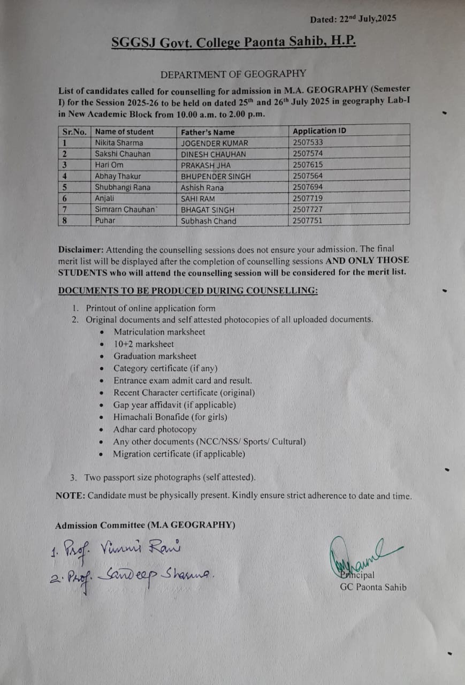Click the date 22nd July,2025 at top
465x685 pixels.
pyautogui.click(x=368, y=19)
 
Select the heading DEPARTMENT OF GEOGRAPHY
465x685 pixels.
pyautogui.click(x=233, y=74)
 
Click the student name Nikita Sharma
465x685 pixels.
pyautogui.click(x=119, y=143)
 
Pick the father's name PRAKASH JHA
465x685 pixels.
pyautogui.click(x=205, y=165)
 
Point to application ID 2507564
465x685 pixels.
pyautogui.click(x=308, y=176)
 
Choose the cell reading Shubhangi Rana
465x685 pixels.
pyautogui.click(x=123, y=187)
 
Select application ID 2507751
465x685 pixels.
pyautogui.click(x=308, y=220)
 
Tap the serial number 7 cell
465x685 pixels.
pyautogui.click(x=65, y=209)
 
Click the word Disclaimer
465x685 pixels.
pyautogui.click(x=81, y=249)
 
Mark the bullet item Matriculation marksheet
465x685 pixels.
pyautogui.click(x=159, y=332)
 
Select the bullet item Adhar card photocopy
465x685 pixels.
pyautogui.click(x=155, y=429)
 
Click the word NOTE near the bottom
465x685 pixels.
pyautogui.click(x=70, y=496)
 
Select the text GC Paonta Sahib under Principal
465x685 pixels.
pyautogui.click(x=373, y=587)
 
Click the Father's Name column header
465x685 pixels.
pyautogui.click(x=208, y=132)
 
